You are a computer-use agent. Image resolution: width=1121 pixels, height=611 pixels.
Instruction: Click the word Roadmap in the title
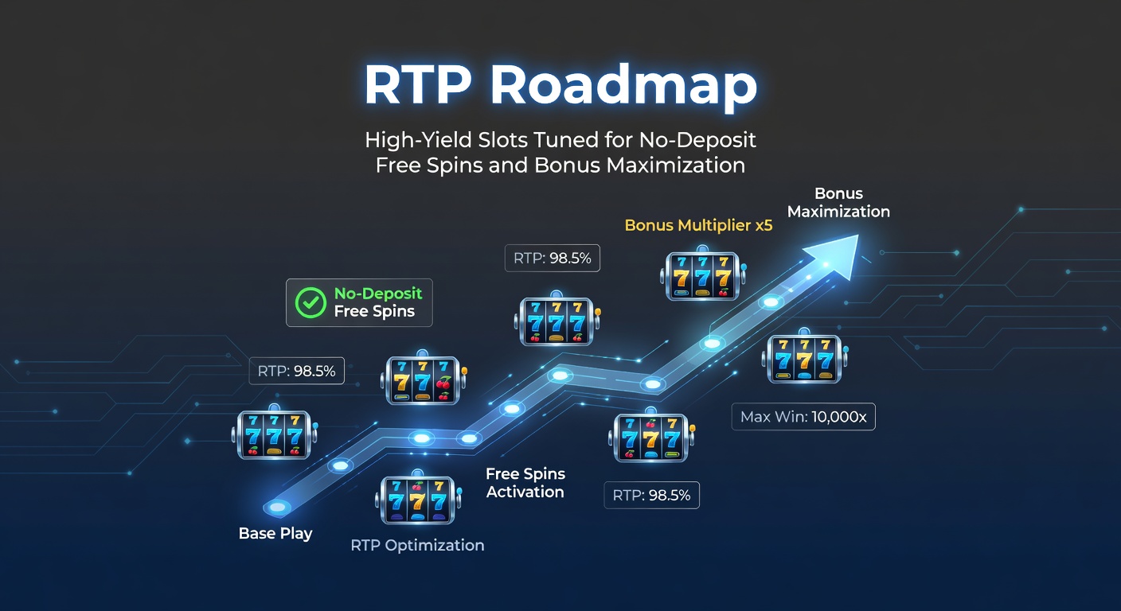(623, 85)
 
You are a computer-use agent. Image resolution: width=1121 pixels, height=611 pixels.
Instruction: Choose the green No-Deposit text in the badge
(378, 293)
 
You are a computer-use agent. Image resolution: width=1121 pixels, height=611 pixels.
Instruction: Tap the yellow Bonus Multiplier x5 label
(698, 225)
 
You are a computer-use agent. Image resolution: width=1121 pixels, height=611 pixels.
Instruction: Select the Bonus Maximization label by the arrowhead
(838, 203)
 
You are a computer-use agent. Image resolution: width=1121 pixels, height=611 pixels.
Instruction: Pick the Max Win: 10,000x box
(803, 417)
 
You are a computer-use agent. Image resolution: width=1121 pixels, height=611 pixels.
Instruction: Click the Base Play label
(275, 533)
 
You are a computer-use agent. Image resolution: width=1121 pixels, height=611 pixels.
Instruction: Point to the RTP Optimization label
(417, 545)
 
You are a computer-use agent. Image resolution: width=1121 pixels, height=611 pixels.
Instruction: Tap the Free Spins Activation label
(525, 483)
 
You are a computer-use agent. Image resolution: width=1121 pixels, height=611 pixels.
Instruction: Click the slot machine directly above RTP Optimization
(415, 500)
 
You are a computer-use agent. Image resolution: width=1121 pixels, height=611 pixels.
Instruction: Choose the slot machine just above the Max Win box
(804, 358)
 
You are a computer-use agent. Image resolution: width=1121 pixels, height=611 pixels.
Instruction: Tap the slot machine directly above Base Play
(273, 434)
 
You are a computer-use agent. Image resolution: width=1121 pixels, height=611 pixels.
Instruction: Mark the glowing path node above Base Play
(276, 507)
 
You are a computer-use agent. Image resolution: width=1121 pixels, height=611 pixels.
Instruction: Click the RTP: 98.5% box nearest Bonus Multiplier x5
(553, 258)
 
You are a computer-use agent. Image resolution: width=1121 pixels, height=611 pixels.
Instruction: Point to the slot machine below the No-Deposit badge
(423, 380)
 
